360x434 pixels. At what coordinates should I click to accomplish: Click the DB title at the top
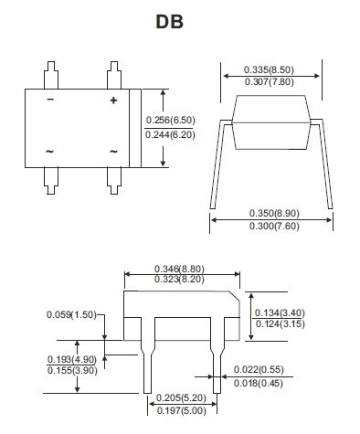coord(170,22)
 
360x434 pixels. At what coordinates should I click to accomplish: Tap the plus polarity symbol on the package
coord(113,101)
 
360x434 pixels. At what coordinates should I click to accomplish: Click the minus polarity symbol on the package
coord(50,100)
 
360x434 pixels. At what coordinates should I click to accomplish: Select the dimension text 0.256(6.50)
coord(170,120)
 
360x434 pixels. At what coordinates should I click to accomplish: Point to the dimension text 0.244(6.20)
coord(170,134)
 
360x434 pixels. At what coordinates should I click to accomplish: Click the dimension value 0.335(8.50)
coord(269,69)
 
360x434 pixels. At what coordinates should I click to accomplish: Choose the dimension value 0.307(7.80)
coord(270,81)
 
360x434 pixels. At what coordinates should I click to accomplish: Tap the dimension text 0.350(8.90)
coord(274,213)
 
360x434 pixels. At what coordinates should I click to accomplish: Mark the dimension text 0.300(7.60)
coord(274,226)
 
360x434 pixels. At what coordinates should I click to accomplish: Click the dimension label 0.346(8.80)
coord(179,269)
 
